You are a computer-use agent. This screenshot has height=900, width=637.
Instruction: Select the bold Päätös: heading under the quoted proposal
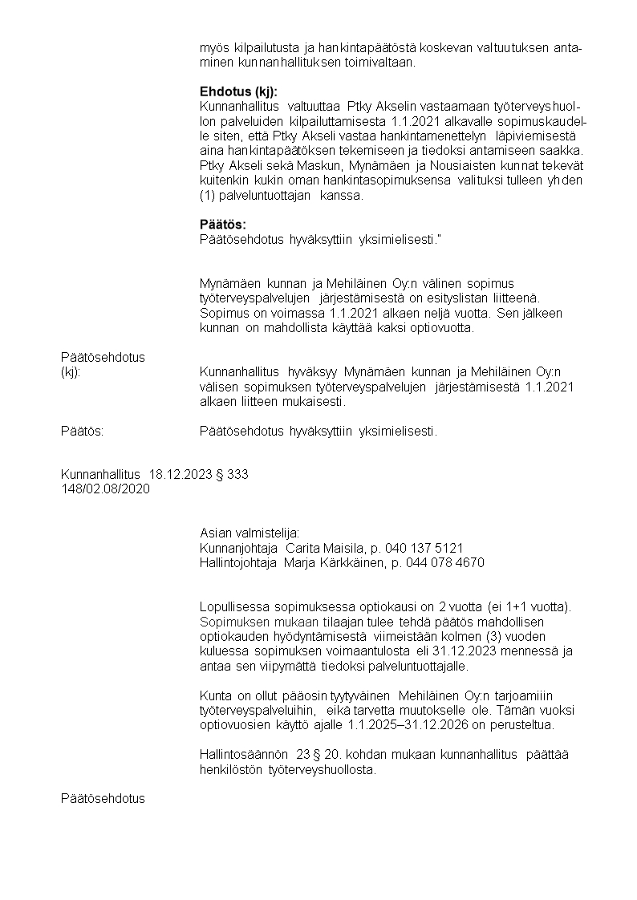(223, 224)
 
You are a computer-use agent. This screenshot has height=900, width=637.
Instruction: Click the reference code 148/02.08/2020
(105, 489)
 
